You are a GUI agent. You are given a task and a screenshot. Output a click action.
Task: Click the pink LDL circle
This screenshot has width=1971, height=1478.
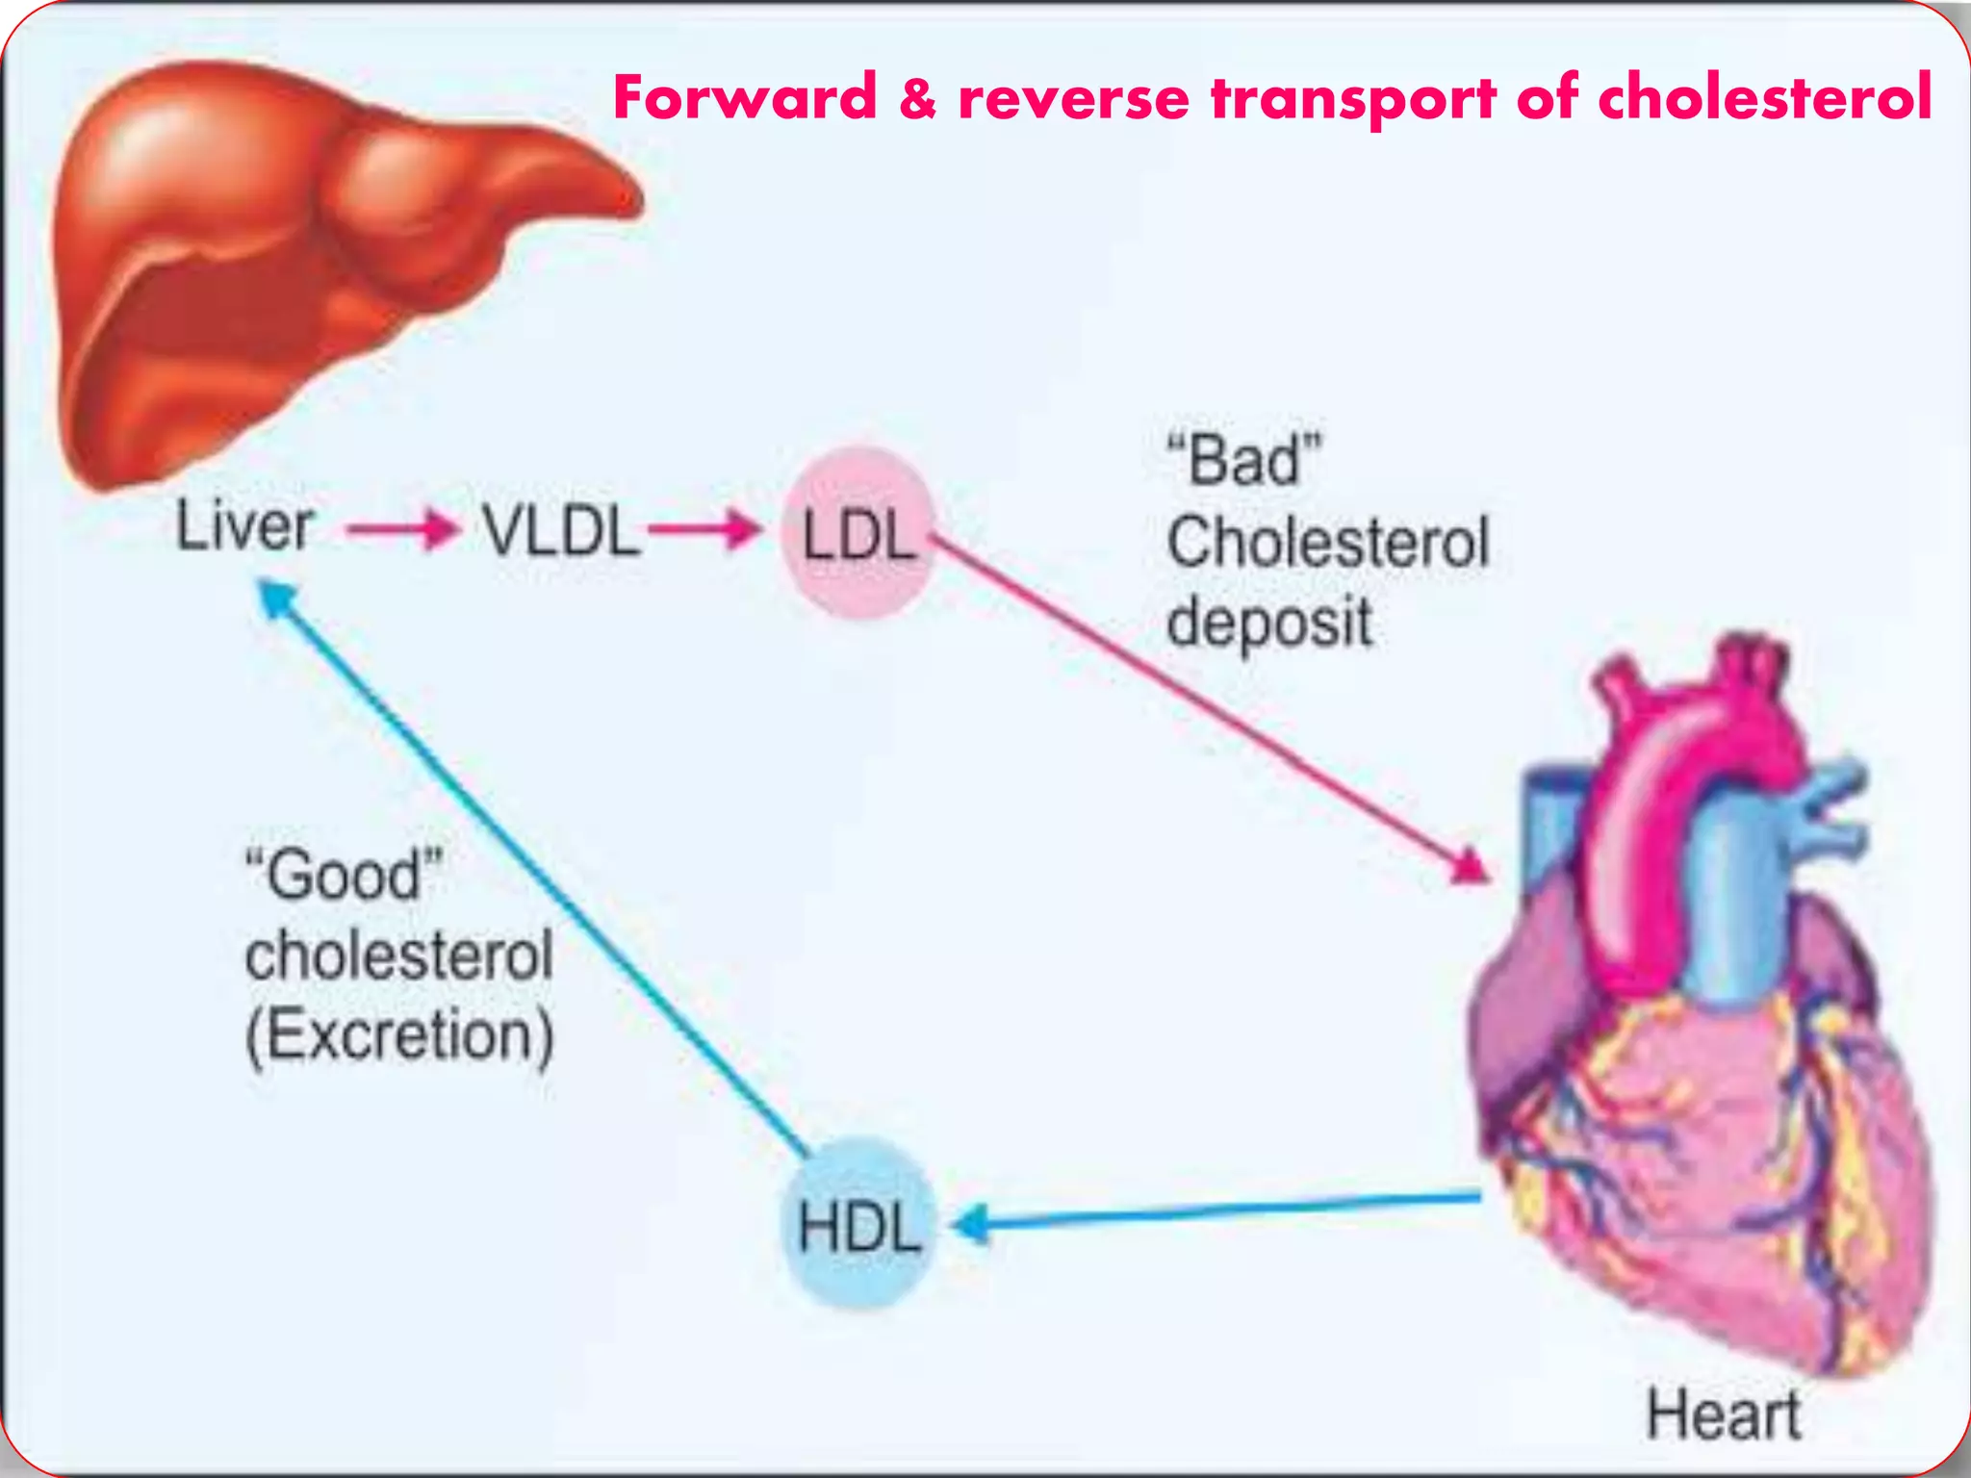pyautogui.click(x=858, y=534)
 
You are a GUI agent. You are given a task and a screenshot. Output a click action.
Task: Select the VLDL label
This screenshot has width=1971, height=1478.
pyautogui.click(x=561, y=531)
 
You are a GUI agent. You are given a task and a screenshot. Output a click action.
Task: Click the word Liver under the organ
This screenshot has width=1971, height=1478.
pyautogui.click(x=244, y=527)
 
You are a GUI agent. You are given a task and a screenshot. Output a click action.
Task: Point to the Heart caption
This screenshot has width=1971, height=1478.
pyautogui.click(x=1723, y=1415)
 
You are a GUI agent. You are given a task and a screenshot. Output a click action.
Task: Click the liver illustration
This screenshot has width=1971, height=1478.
pyautogui.click(x=289, y=260)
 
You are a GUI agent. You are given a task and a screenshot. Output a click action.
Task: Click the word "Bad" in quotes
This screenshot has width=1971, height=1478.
pyautogui.click(x=1244, y=460)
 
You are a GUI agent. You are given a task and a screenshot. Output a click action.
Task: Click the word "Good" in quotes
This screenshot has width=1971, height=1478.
pyautogui.click(x=344, y=874)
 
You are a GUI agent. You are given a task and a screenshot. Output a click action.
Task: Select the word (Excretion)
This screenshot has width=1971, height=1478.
pyautogui.click(x=399, y=1037)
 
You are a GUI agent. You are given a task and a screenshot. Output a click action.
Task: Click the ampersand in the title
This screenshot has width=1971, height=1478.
pyautogui.click(x=918, y=98)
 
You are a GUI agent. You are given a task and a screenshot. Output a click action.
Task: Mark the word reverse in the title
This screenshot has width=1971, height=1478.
pyautogui.click(x=1073, y=100)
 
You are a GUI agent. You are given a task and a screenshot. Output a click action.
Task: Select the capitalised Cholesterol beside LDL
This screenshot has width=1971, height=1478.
pyautogui.click(x=1328, y=542)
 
